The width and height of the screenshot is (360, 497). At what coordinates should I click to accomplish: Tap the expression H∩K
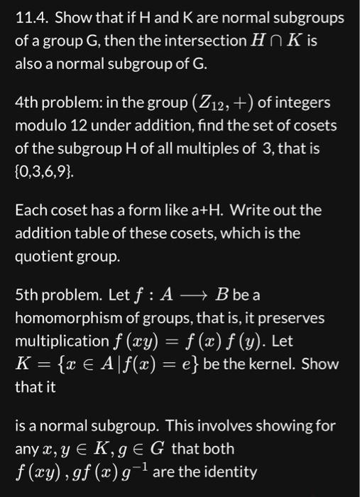273,41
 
